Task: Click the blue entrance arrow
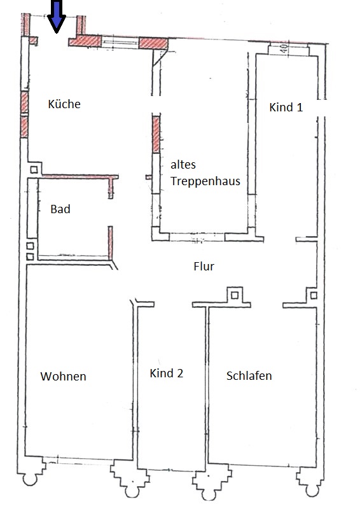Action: [x=57, y=17]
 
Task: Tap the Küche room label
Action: [x=64, y=104]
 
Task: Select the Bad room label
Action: [x=60, y=209]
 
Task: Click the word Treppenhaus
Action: [x=205, y=181]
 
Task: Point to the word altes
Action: [x=183, y=165]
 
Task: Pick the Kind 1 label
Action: [x=286, y=107]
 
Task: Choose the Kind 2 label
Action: [x=167, y=373]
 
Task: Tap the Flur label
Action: [x=204, y=267]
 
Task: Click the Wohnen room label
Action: [x=64, y=377]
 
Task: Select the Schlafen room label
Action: [x=249, y=376]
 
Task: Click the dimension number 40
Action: [x=284, y=49]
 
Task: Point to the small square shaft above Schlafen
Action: [x=235, y=295]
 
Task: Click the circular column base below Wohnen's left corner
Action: [x=30, y=479]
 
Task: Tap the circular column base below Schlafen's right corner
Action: [x=312, y=490]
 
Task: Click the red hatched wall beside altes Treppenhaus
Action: [x=156, y=134]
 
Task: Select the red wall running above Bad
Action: [x=80, y=177]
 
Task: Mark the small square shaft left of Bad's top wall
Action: [x=34, y=170]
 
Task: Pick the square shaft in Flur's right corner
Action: [x=314, y=295]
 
